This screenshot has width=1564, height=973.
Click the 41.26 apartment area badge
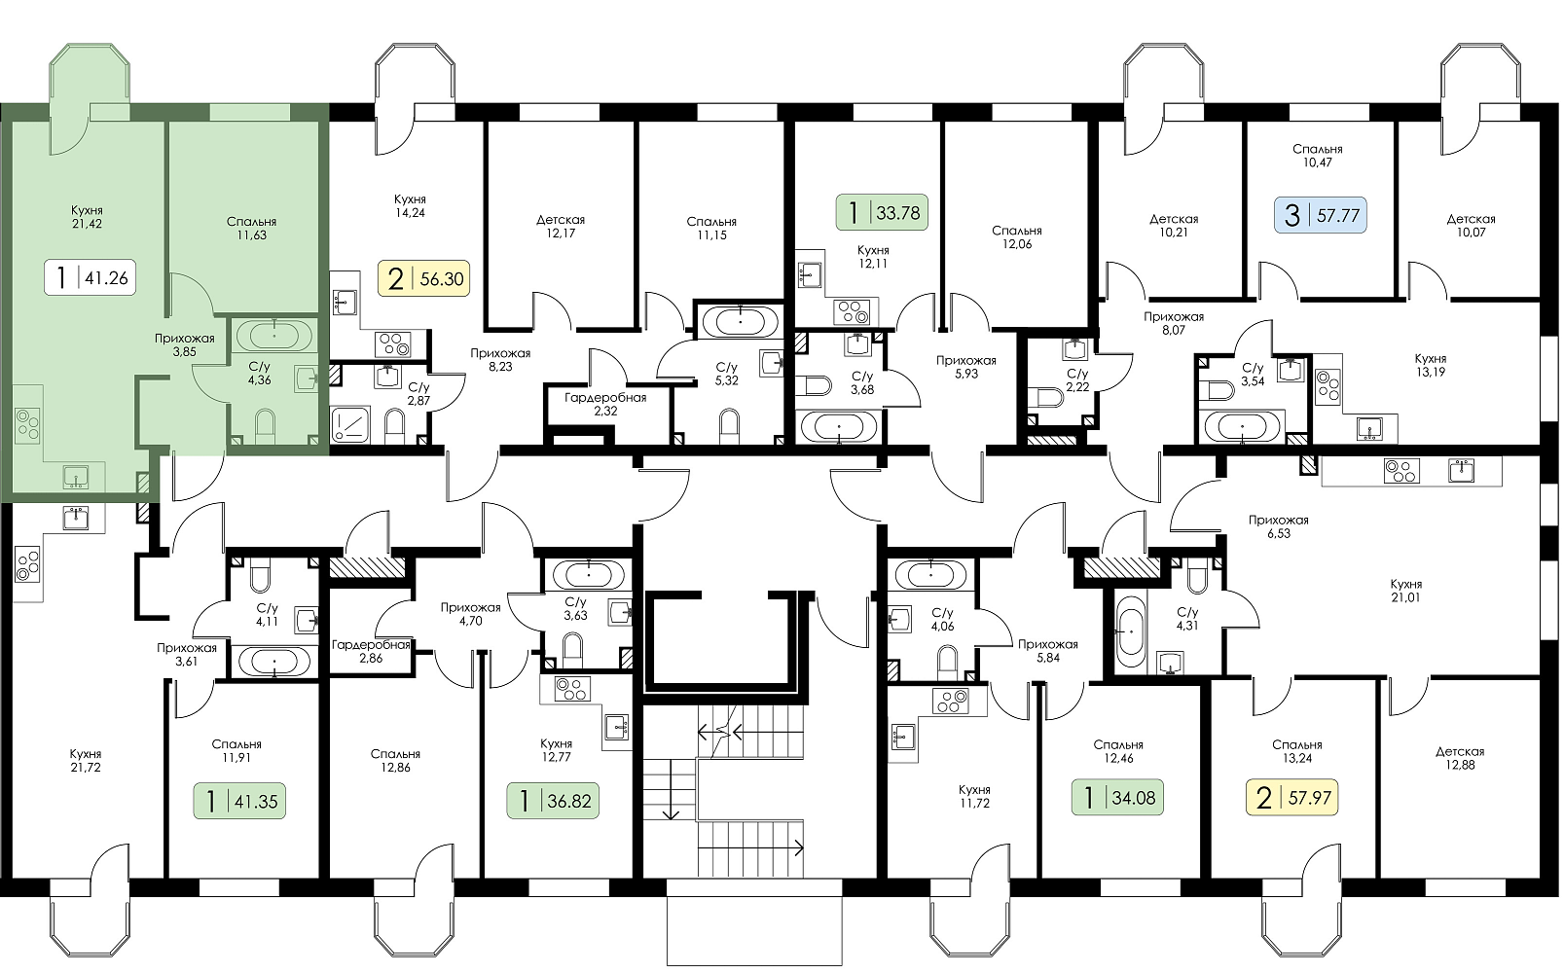click(91, 278)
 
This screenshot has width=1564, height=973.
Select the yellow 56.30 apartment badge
click(424, 278)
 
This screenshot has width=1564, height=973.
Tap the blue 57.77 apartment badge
click(1321, 215)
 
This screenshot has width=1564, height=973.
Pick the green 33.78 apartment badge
click(882, 212)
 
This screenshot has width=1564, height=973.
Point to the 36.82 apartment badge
click(553, 801)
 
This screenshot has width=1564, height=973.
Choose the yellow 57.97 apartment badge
click(1292, 797)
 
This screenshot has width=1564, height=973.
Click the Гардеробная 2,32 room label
click(605, 404)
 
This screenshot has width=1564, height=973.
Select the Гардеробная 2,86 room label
click(371, 651)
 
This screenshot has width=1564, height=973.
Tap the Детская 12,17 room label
click(561, 226)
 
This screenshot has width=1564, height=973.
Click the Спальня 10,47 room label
click(1318, 156)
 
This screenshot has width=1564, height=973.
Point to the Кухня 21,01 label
click(1405, 591)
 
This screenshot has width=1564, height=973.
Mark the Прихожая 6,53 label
click(1279, 526)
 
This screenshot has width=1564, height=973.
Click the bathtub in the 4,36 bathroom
click(273, 336)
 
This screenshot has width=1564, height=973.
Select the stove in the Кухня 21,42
click(27, 425)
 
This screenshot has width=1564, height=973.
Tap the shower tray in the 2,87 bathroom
click(350, 424)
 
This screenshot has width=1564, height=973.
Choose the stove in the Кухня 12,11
click(852, 312)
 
